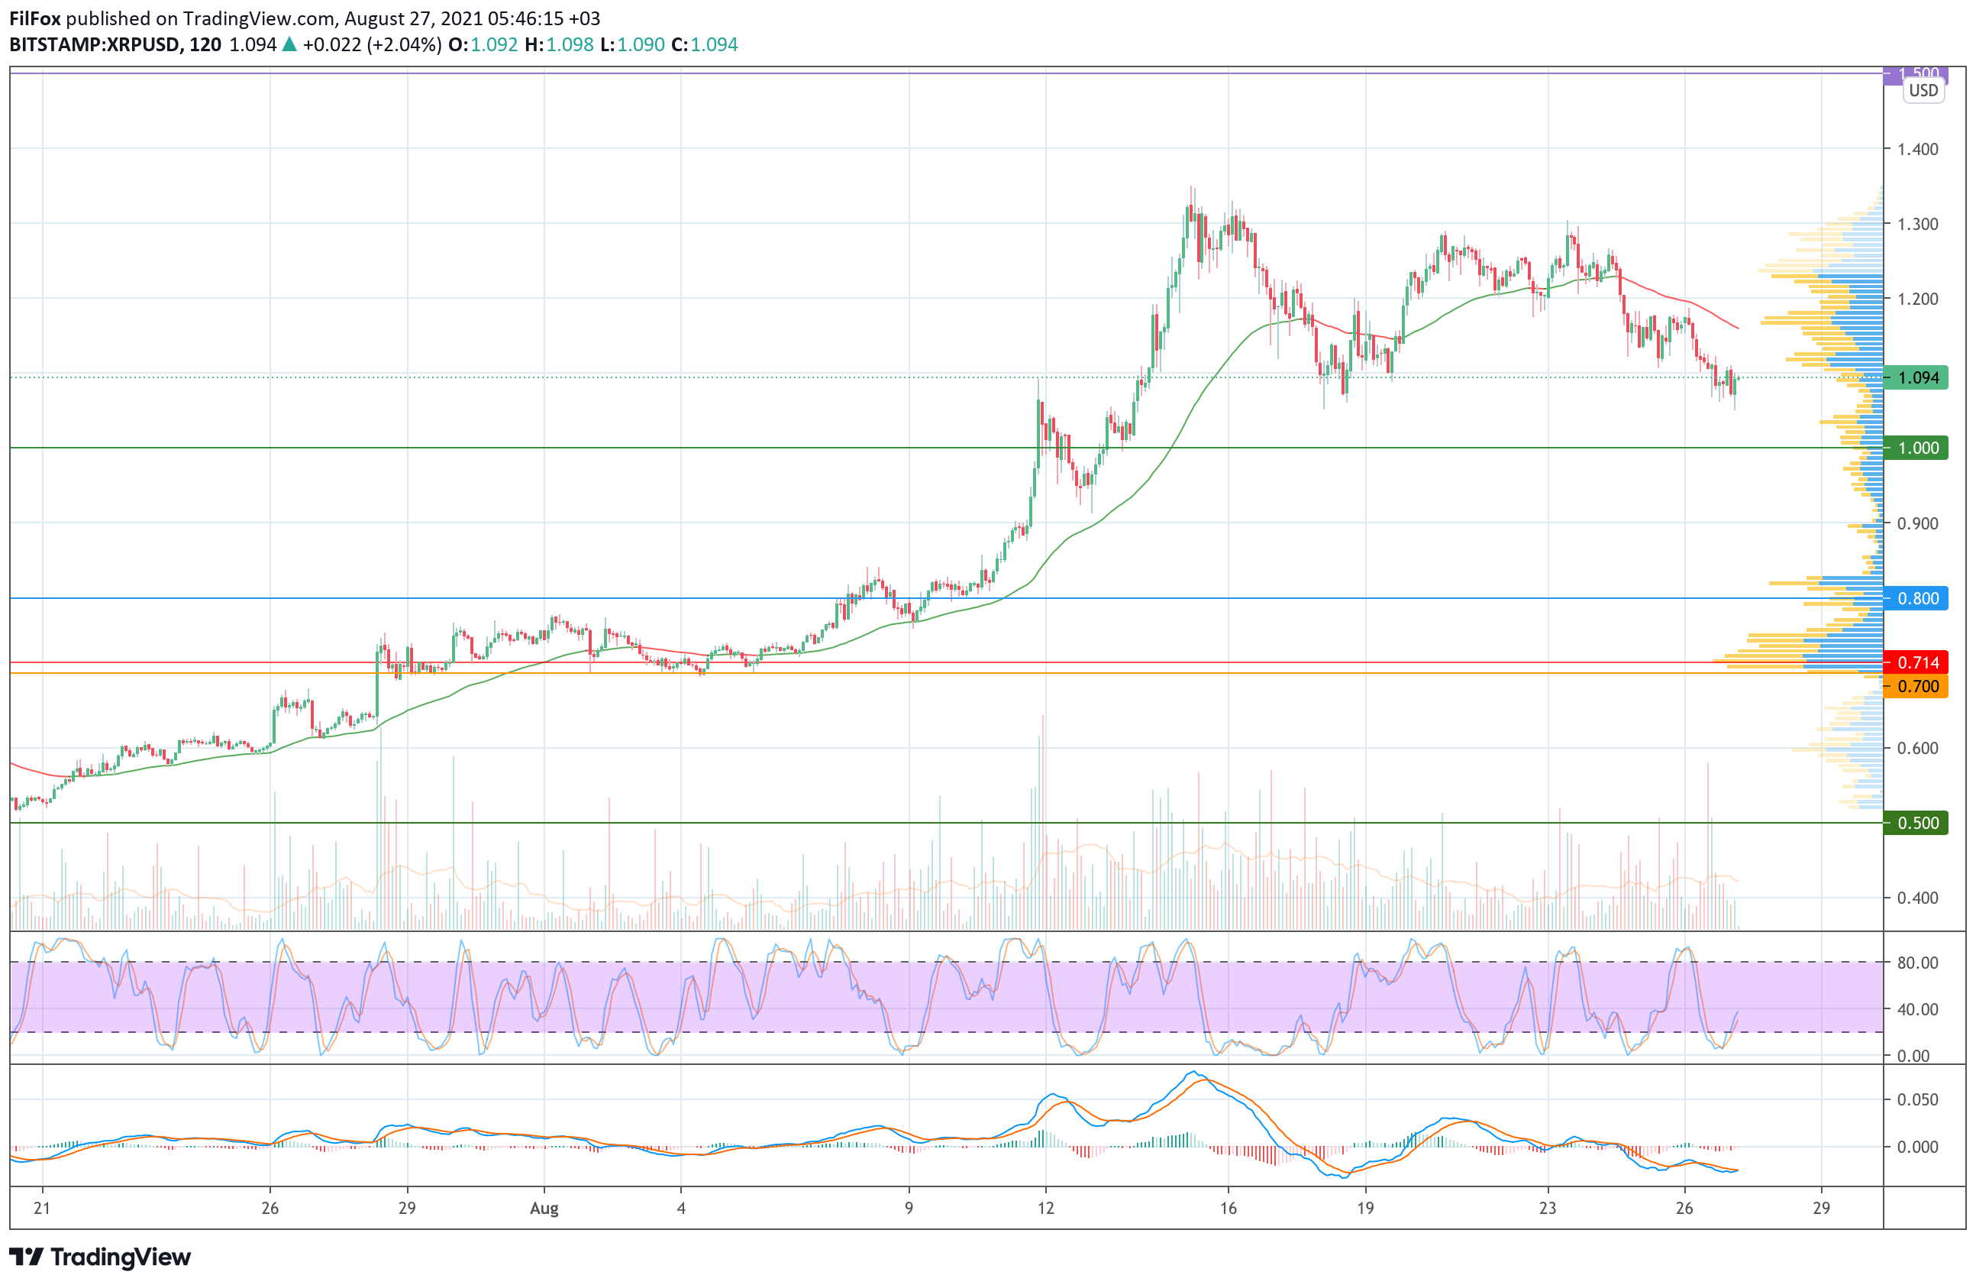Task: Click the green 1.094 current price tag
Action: click(1916, 378)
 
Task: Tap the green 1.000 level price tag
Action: click(1916, 448)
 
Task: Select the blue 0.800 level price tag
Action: click(1916, 598)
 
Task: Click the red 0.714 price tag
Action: click(1916, 663)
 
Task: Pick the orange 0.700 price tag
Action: click(1916, 686)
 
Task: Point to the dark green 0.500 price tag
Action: click(1916, 823)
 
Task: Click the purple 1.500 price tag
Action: click(1916, 74)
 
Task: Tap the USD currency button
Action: click(1923, 91)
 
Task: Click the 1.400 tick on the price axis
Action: click(1918, 150)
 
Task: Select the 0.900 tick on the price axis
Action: click(1918, 523)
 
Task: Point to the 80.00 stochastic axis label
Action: click(1918, 963)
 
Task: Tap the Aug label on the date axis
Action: click(544, 1209)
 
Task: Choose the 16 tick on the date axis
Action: click(1228, 1209)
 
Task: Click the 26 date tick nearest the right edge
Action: click(1684, 1209)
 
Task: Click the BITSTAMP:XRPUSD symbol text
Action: click(95, 45)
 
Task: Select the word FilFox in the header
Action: click(35, 18)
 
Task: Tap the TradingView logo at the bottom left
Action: click(99, 1257)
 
